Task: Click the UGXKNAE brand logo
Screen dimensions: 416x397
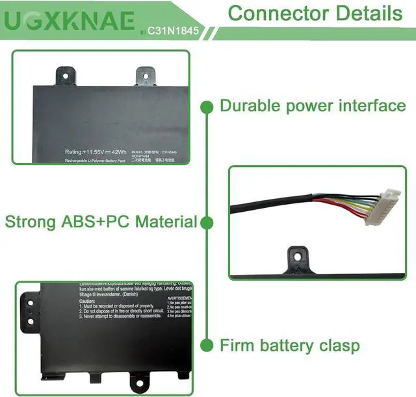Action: (x=70, y=21)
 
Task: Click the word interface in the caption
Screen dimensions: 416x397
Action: (x=370, y=105)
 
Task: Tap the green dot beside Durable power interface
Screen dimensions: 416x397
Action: (x=207, y=105)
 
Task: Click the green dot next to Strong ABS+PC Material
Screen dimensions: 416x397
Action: (x=207, y=223)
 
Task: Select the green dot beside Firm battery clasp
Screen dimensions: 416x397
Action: (x=207, y=345)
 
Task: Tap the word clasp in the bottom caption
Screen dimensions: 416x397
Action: (x=335, y=345)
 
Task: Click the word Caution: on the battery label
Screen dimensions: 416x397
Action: (x=87, y=301)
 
